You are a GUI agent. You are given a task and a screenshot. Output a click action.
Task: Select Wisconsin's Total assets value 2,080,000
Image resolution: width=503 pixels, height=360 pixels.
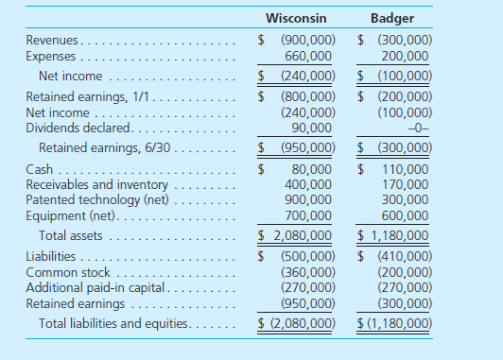[301, 234]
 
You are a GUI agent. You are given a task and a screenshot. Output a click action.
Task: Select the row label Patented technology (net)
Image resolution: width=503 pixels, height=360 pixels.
[98, 199]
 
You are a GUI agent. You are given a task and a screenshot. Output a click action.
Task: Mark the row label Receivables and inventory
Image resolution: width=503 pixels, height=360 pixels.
[97, 184]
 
